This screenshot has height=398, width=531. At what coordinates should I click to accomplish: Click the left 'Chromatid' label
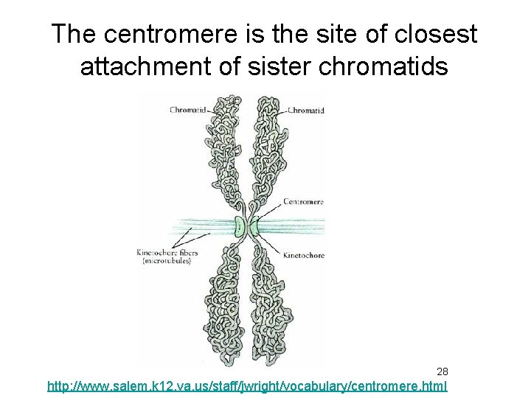(x=188, y=111)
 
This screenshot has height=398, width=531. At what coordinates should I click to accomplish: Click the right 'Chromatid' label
(x=305, y=111)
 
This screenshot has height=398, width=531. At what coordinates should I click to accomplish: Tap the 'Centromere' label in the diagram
(x=304, y=200)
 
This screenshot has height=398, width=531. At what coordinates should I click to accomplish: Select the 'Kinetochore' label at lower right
(x=304, y=256)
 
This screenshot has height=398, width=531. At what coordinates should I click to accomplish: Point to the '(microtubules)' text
(x=164, y=262)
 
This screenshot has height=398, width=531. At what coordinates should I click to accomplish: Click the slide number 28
(x=442, y=371)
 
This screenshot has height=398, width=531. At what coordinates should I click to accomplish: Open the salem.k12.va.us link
(x=246, y=385)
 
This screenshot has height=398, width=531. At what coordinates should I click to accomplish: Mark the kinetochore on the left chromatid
(x=238, y=225)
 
